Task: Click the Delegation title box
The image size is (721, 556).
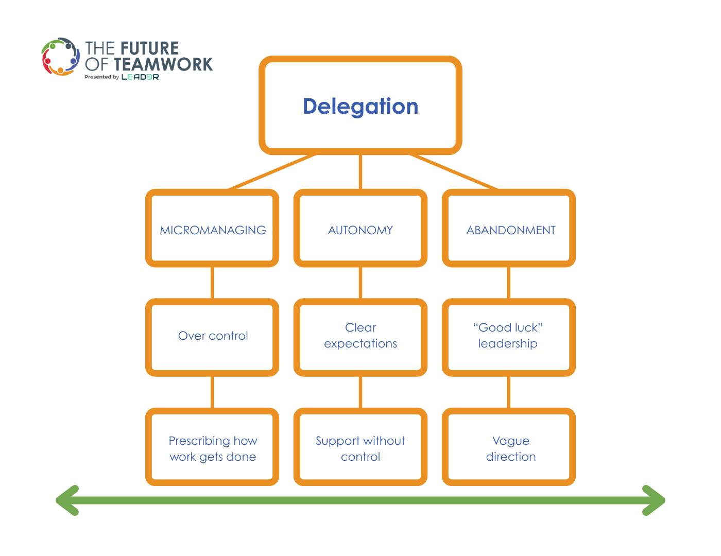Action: tap(360, 106)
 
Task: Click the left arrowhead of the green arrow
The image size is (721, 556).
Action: tap(66, 500)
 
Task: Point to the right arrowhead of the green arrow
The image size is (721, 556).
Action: tap(655, 500)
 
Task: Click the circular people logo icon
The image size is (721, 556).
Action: tap(61, 57)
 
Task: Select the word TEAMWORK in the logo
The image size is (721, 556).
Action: tap(163, 64)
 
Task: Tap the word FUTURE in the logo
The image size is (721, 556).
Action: tap(150, 48)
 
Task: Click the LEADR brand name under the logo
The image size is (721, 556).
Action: tap(141, 77)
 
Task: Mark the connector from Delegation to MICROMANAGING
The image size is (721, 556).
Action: tap(272, 172)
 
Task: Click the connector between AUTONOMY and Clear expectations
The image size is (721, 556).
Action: tap(360, 283)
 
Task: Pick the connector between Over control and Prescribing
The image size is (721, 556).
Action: tap(213, 392)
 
